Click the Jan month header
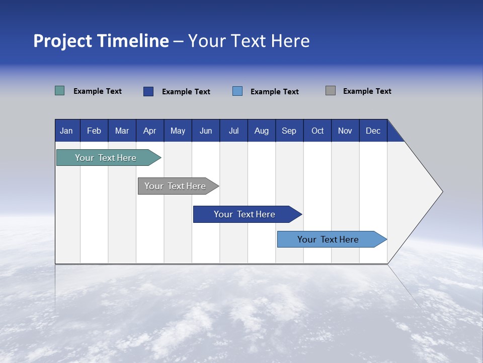click(66, 131)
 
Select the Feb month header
click(94, 131)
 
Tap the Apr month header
click(149, 131)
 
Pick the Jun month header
click(206, 131)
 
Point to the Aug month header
click(262, 131)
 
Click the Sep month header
click(289, 131)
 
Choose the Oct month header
click(317, 131)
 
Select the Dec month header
click(373, 131)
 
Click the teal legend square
click(60, 91)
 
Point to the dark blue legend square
click(148, 91)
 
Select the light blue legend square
click(237, 91)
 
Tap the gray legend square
click(331, 91)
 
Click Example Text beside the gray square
click(367, 91)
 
